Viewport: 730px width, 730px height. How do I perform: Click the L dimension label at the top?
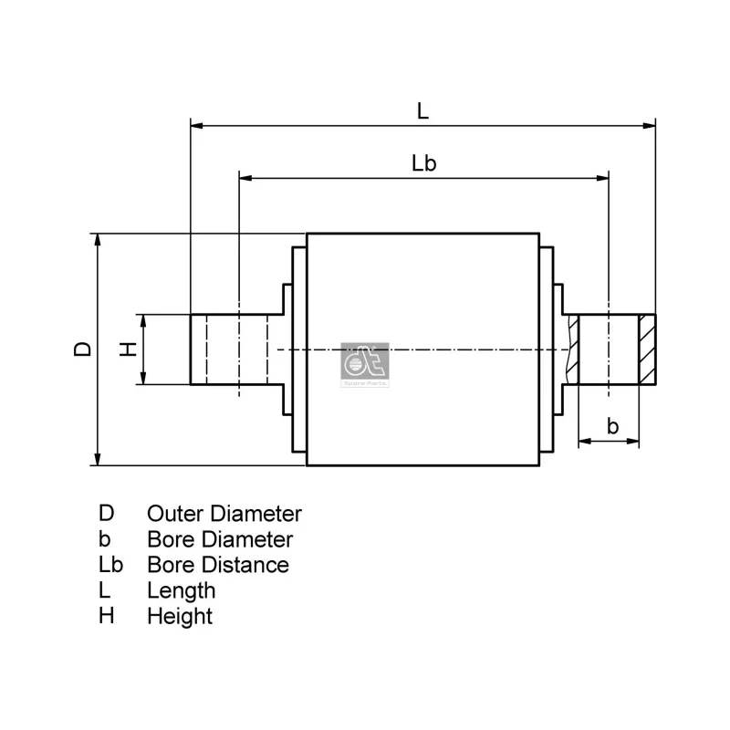[422, 111]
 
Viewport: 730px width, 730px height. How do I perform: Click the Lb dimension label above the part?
[423, 164]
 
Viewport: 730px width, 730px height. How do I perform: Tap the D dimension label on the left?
[82, 349]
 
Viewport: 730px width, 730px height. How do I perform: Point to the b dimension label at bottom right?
[612, 426]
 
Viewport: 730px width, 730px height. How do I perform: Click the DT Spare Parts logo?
[364, 365]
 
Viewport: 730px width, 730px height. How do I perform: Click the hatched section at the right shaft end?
[647, 349]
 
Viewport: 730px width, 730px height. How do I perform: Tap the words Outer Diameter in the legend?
[224, 514]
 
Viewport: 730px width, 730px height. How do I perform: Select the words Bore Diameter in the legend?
[219, 539]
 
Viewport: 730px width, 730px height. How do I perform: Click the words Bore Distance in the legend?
[217, 565]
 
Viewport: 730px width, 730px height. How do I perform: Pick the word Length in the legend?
[181, 590]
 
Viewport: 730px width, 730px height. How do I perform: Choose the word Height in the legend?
[179, 616]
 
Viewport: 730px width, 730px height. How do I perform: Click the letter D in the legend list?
[107, 514]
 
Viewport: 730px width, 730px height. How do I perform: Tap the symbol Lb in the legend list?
[111, 565]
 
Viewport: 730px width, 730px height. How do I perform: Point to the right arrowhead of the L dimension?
[651, 125]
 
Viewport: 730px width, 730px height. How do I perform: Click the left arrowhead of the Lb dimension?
[245, 178]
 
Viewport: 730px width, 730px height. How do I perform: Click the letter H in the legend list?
[107, 616]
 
